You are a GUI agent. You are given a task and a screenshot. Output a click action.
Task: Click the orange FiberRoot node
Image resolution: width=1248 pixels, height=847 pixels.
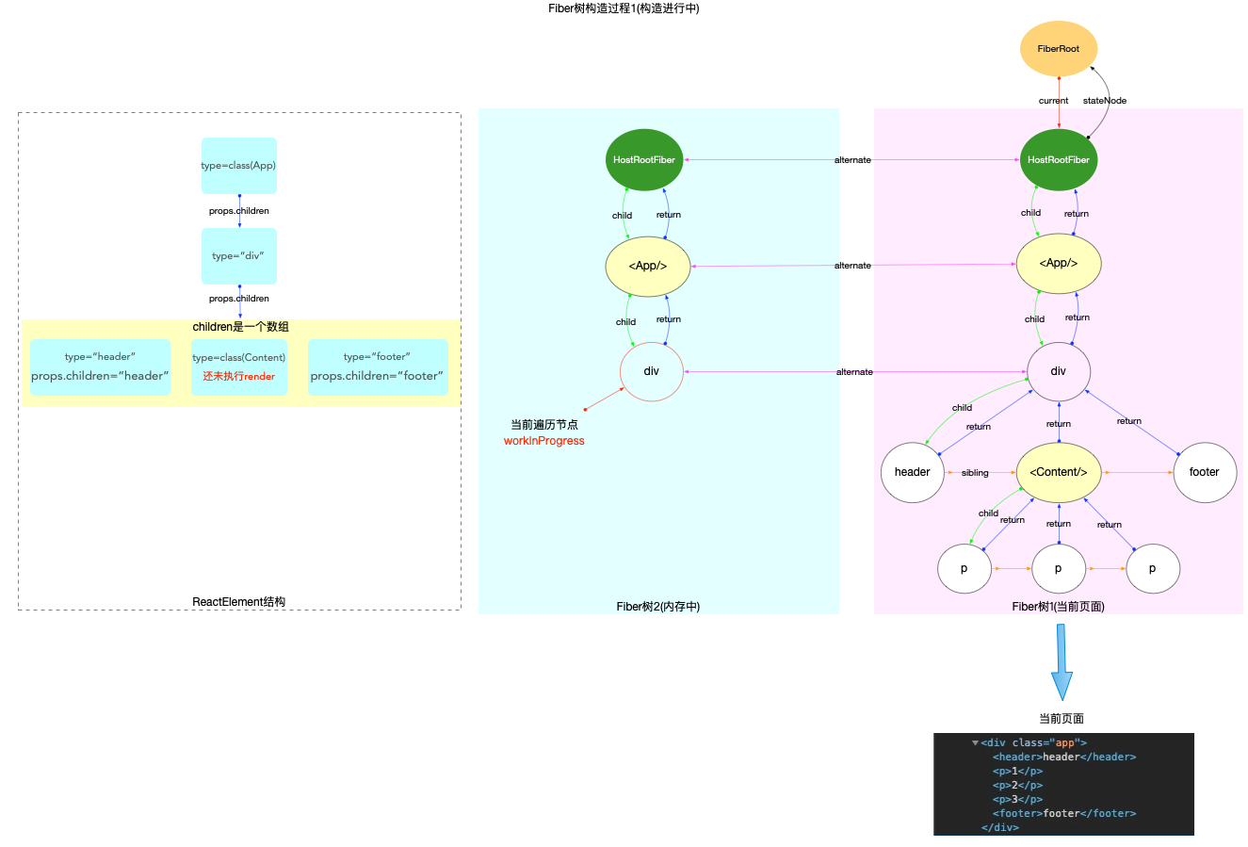point(1058,49)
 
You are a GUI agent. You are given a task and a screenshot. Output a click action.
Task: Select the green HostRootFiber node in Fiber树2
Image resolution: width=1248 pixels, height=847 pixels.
point(643,160)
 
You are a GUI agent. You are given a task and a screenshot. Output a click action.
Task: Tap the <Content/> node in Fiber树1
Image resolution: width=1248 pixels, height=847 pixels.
point(1058,472)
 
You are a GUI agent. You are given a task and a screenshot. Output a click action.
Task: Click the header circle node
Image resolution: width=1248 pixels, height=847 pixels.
point(912,472)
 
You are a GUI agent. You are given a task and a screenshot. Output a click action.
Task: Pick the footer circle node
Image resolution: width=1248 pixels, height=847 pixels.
point(1204,472)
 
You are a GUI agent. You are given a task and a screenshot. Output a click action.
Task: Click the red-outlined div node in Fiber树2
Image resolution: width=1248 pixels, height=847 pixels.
point(651,371)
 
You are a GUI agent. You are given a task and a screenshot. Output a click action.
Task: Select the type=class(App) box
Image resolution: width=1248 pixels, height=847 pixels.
point(238,166)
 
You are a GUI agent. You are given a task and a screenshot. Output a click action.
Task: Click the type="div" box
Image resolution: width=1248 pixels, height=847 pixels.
point(238,256)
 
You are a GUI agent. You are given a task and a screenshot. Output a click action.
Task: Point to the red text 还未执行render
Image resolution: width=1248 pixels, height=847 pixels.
point(238,377)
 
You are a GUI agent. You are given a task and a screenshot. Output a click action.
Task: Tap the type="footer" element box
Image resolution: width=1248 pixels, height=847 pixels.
point(377,366)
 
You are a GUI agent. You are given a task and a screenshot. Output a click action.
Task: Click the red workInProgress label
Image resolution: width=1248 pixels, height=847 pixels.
point(543,441)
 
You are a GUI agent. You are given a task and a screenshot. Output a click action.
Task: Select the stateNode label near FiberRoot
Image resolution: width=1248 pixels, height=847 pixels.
point(1104,101)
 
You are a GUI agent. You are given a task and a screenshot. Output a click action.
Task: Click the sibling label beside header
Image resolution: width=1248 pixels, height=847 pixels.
point(975,473)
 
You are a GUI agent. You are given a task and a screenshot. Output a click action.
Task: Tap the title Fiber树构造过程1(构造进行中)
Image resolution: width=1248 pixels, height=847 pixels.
point(624,8)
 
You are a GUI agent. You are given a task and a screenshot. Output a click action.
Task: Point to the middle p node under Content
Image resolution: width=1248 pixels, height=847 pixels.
point(1058,568)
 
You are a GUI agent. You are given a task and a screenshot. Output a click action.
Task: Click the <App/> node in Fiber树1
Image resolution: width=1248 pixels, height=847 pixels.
point(1058,264)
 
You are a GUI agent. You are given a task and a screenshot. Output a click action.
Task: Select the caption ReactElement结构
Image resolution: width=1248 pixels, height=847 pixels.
point(238,602)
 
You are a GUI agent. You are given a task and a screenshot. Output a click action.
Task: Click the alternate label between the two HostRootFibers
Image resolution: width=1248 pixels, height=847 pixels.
point(852,160)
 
